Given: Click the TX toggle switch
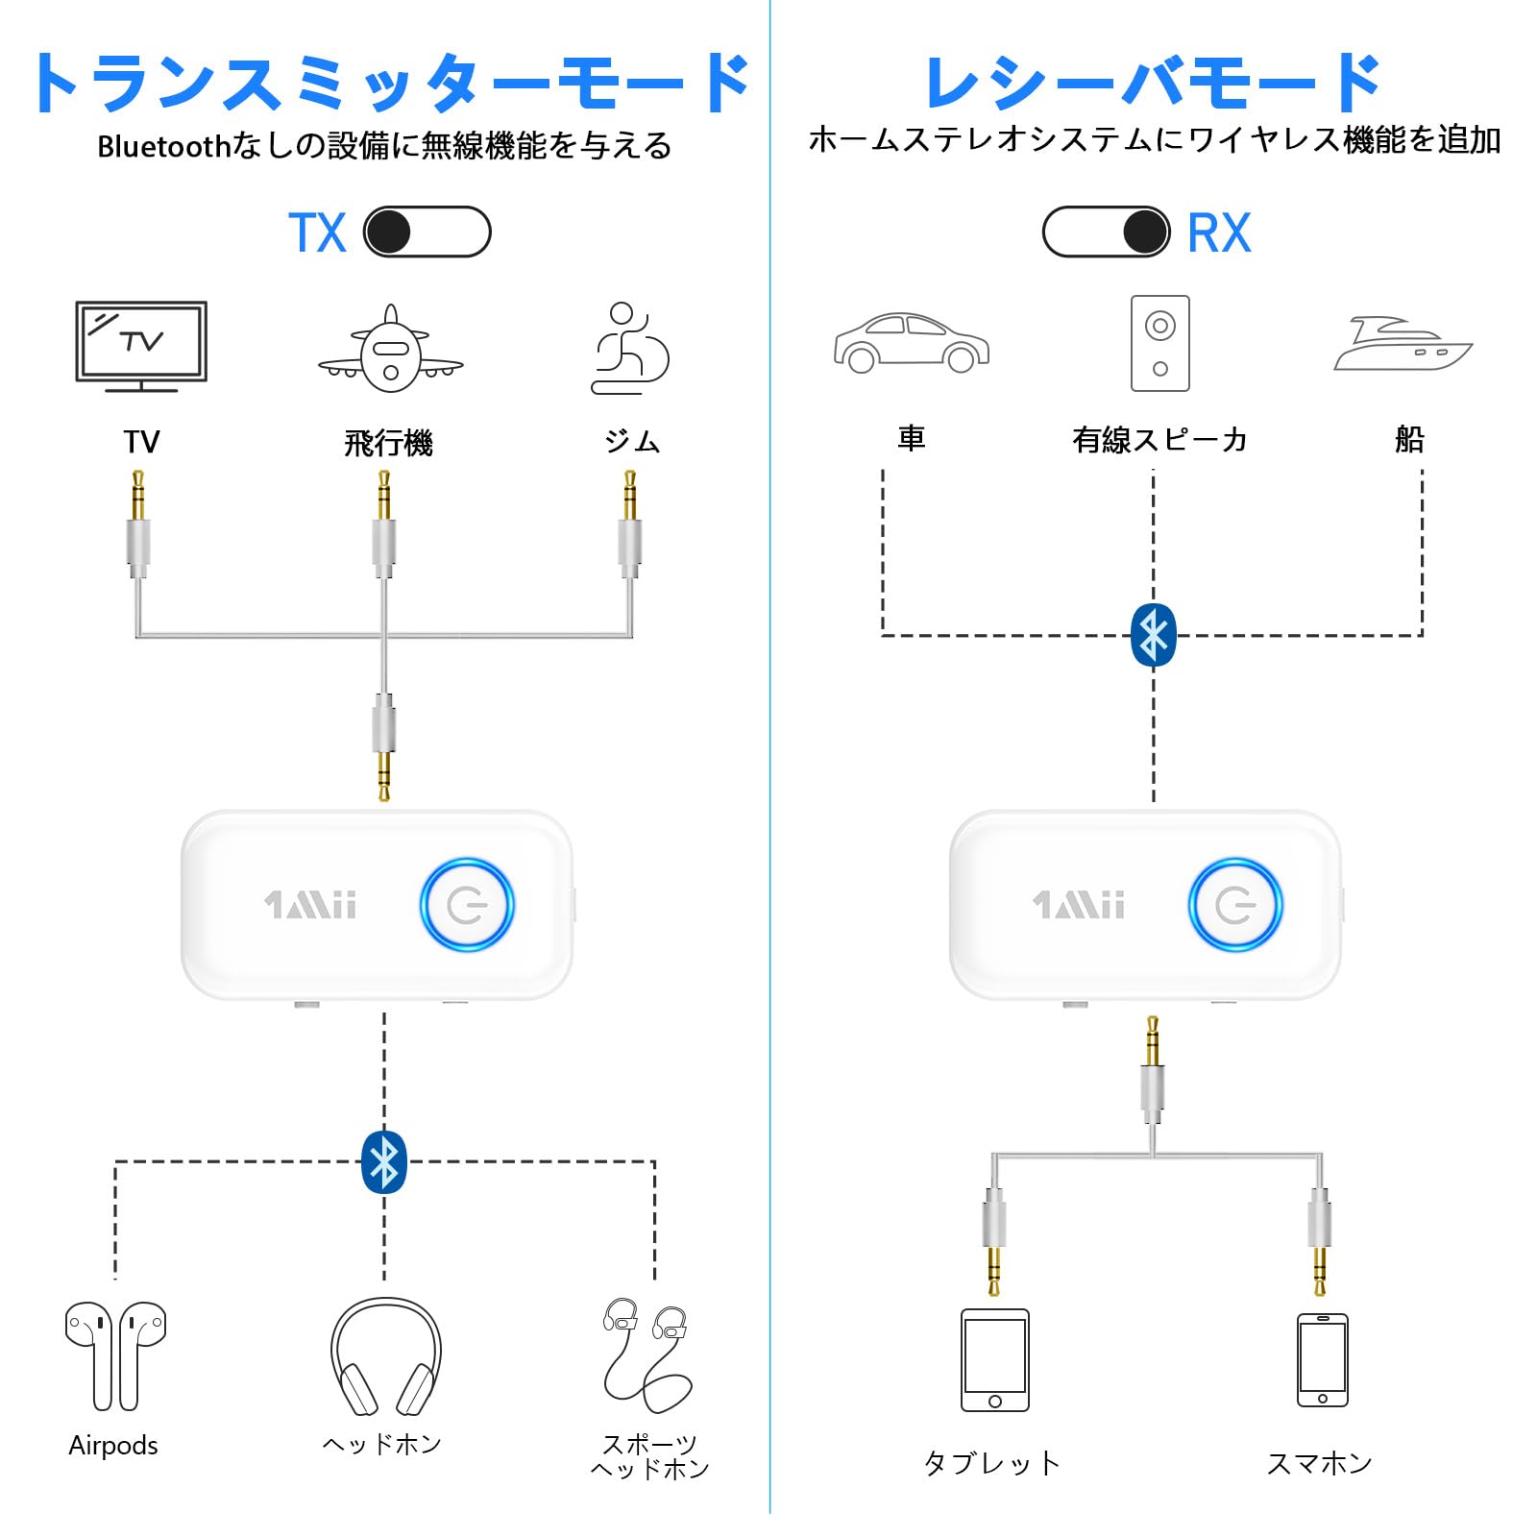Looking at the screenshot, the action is click(x=427, y=232).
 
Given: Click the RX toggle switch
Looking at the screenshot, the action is click(x=1106, y=232).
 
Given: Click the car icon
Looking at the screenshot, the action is click(x=911, y=343).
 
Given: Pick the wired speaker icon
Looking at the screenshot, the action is click(x=1159, y=343).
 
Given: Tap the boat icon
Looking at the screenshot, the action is click(x=1402, y=345).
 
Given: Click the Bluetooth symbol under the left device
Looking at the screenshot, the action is click(x=384, y=1161).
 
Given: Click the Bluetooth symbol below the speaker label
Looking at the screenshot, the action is click(x=1154, y=635).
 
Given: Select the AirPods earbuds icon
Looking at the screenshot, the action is click(x=115, y=1354).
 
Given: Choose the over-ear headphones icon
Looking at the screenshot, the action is click(x=385, y=1356).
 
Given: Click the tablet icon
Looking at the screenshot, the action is click(x=994, y=1359).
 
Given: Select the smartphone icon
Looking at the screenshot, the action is click(x=1322, y=1359).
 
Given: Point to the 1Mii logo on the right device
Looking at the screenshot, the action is click(x=1078, y=905).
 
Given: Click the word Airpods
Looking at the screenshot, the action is click(x=113, y=1445).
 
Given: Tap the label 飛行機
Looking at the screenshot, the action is click(x=388, y=443).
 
